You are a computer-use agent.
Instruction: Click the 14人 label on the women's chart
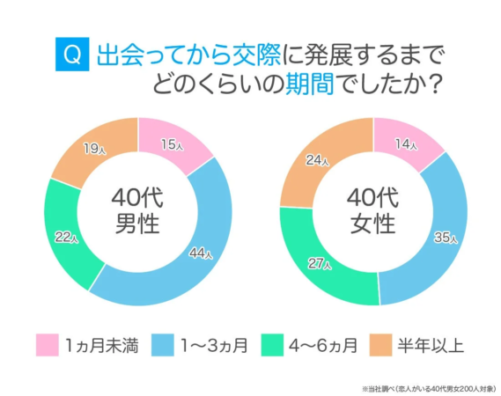[406, 144]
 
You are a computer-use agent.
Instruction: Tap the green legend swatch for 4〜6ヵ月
[279, 343]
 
